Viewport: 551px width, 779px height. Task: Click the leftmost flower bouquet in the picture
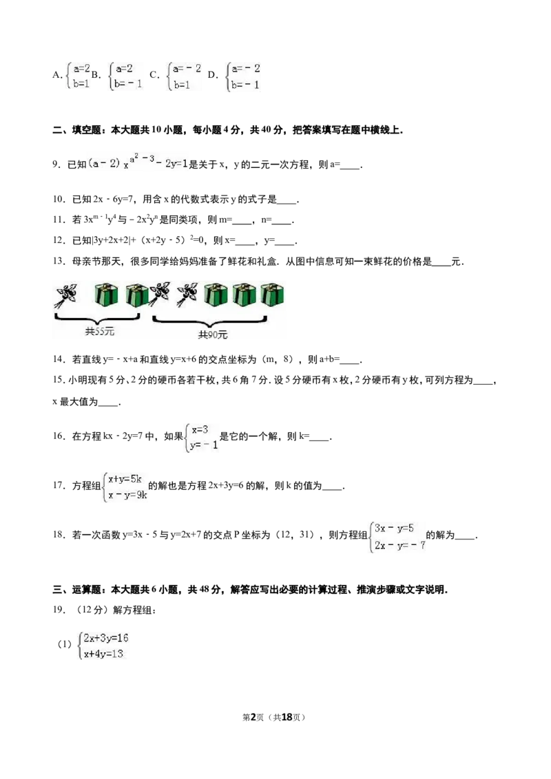[x=65, y=295]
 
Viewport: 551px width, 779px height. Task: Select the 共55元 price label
[x=99, y=332]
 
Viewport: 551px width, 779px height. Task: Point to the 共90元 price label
[x=213, y=335]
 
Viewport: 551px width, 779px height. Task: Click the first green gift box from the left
[x=107, y=295]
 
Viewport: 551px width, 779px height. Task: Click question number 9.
[x=56, y=164]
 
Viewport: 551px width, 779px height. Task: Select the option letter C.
[x=154, y=75]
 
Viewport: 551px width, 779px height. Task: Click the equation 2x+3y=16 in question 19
[x=106, y=638]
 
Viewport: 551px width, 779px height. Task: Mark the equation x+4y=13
[x=103, y=654]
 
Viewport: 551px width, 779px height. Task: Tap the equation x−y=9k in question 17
[x=128, y=495]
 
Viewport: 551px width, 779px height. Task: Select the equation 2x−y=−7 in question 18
[x=400, y=545]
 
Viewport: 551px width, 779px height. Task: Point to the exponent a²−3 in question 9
[x=142, y=160]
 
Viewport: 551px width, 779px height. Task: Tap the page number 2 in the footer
[x=253, y=717]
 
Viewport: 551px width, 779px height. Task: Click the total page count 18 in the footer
[x=287, y=717]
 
